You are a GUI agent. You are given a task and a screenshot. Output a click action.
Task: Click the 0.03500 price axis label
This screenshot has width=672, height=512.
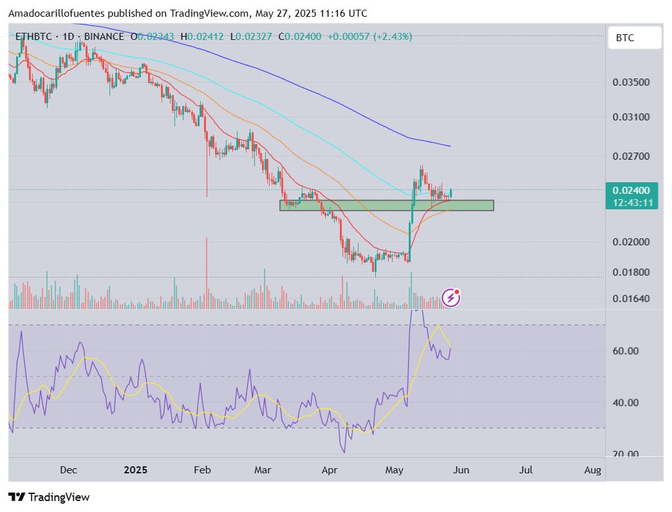click(631, 82)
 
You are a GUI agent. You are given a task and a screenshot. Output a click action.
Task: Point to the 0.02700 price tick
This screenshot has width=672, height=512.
click(631, 156)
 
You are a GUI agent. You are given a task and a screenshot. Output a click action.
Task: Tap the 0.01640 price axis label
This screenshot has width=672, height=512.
click(631, 299)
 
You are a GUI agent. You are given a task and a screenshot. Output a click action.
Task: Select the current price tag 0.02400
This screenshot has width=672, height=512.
click(631, 191)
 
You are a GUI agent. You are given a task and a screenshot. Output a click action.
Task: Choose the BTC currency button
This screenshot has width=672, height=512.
click(635, 38)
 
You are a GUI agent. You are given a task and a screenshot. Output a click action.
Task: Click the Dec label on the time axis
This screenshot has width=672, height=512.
click(68, 470)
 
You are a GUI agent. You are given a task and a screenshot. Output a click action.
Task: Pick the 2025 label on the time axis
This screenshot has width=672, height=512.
click(135, 470)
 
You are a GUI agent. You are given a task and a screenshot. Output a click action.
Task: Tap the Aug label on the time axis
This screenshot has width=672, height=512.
click(592, 470)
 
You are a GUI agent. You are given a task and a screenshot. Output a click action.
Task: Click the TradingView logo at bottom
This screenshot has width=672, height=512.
click(49, 497)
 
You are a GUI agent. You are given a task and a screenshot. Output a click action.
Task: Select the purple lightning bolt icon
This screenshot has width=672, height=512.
click(451, 298)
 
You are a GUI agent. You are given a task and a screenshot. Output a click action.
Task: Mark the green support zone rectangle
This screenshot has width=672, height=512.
click(386, 205)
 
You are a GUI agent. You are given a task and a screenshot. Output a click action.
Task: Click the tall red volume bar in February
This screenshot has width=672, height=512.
click(207, 270)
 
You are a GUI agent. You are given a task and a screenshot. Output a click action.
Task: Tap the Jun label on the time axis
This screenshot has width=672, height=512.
click(462, 470)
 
